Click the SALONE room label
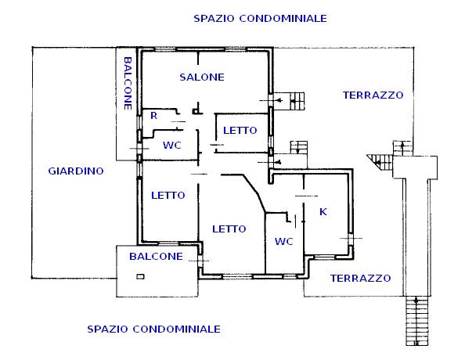click(201, 77)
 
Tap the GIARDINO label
click(76, 171)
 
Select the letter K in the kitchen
click(323, 212)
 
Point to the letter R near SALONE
click(154, 116)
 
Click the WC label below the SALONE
click(172, 146)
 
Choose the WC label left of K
click(283, 242)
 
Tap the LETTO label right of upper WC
click(236, 131)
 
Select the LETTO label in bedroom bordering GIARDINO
click(168, 196)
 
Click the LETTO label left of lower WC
click(229, 229)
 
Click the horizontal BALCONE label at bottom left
click(156, 257)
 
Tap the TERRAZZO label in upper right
click(373, 95)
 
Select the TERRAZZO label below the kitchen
click(360, 278)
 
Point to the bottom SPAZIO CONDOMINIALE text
click(153, 329)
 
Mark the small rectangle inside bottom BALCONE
click(140, 275)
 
